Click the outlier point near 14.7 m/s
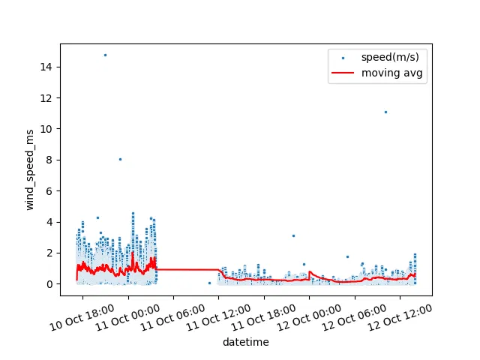(105, 55)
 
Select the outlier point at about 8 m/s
(120, 159)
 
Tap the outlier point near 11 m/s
(385, 112)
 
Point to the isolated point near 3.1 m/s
(293, 235)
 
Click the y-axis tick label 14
(46, 67)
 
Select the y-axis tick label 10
(46, 129)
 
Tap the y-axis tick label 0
(49, 284)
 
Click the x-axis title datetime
(245, 343)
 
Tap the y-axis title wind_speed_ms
(31, 174)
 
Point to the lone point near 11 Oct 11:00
(209, 283)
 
